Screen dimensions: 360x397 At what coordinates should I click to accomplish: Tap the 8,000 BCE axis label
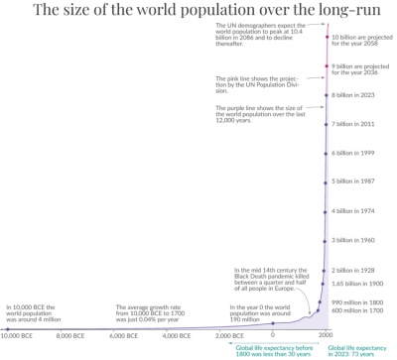click(x=76, y=337)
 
